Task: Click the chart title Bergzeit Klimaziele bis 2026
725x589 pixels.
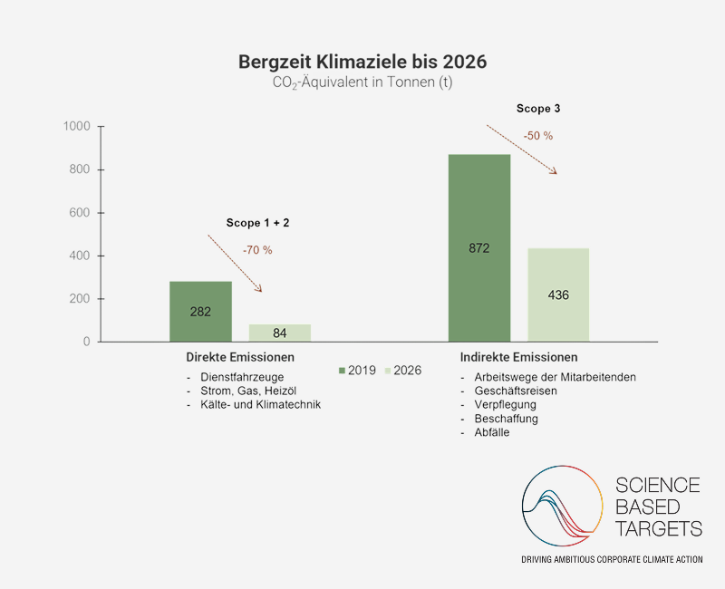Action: (362, 62)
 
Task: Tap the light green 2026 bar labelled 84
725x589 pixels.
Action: (279, 333)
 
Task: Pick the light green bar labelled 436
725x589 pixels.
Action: (558, 295)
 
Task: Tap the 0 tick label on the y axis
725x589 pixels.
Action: (86, 343)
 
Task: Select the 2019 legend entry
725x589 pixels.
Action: (358, 371)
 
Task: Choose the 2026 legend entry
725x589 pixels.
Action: (404, 371)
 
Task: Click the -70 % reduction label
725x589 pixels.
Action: (257, 249)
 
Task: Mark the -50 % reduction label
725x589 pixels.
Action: (537, 136)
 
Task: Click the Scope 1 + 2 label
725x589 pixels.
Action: (257, 222)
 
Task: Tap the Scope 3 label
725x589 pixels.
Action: (537, 109)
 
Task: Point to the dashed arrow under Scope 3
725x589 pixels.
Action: (522, 150)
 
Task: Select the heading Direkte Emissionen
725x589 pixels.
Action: (240, 357)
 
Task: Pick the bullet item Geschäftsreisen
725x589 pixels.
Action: (515, 391)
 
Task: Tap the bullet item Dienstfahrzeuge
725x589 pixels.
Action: (242, 377)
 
